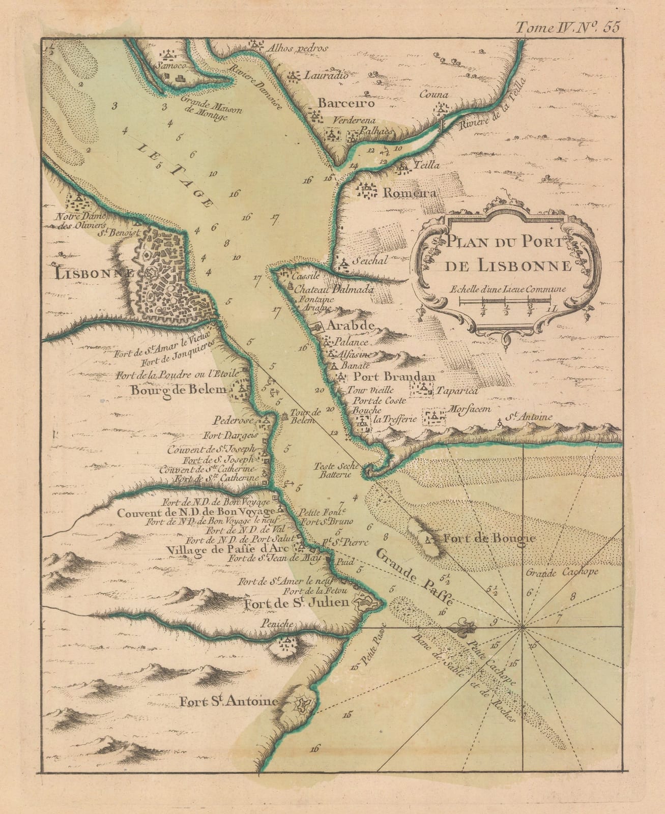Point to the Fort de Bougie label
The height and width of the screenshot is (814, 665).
click(x=489, y=538)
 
